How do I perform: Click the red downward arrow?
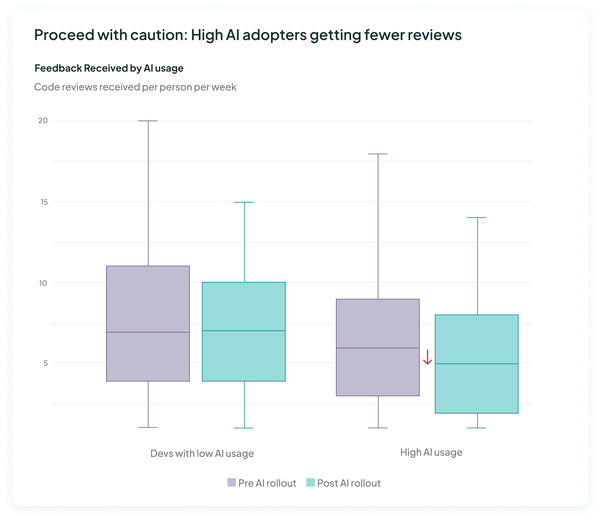coord(427,357)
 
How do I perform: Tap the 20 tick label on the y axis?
coord(43,121)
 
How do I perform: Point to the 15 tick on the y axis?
coord(44,202)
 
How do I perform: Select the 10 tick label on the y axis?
coord(43,283)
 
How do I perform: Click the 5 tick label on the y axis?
coord(45,363)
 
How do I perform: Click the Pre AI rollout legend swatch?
coord(231,482)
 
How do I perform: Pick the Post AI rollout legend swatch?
coord(310,482)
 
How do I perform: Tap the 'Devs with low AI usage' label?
coord(202,453)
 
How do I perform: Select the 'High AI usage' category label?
coord(431,452)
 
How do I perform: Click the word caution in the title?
coord(157,35)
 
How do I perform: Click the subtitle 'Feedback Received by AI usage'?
coord(109,68)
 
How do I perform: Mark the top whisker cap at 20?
coord(148,121)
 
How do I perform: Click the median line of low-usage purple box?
coord(148,332)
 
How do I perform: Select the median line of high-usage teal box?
coord(476,364)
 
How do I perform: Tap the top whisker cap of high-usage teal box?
coord(477,218)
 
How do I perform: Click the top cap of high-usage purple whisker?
coord(378,154)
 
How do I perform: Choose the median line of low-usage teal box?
coord(244,331)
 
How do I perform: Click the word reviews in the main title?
coord(435,35)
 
